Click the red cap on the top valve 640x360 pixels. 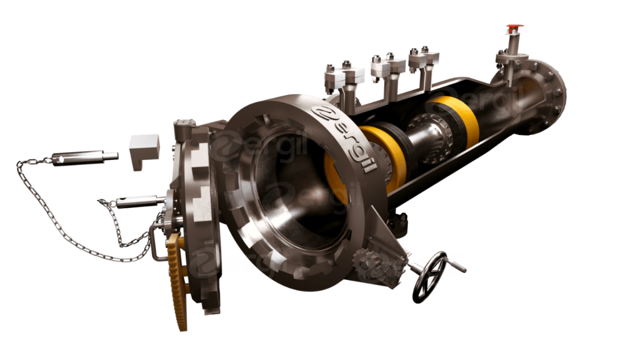[x=515, y=26]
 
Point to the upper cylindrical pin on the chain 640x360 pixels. [x=85, y=158]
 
